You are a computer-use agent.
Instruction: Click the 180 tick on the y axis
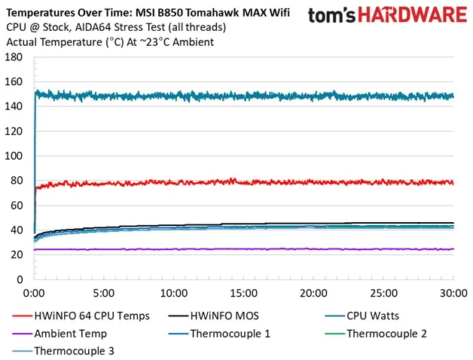13,56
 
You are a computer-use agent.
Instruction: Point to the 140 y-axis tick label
13,106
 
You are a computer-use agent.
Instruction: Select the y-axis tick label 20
16,255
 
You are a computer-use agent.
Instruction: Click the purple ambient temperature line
241,249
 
